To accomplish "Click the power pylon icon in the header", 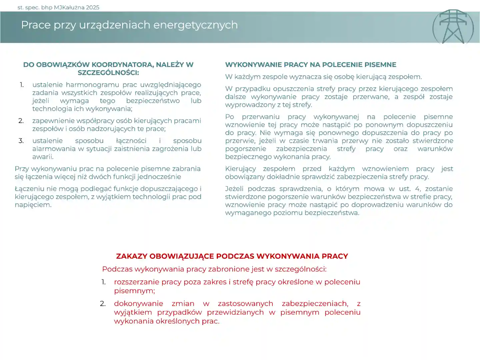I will (453, 27).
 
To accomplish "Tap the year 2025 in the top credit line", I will (92, 7).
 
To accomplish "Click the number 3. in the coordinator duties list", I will (21, 141).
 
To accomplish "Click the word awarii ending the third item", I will (43, 157).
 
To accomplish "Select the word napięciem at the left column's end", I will (33, 205).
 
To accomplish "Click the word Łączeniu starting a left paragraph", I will (28, 189).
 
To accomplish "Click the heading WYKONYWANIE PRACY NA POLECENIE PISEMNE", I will (311, 65).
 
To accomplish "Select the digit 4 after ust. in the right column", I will (417, 189).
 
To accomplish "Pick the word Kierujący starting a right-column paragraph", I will (240, 169).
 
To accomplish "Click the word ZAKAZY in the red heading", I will (131, 256).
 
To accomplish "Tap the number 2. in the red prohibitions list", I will (103, 304).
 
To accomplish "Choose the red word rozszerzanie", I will (136, 282).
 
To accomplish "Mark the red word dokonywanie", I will (138, 304).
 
